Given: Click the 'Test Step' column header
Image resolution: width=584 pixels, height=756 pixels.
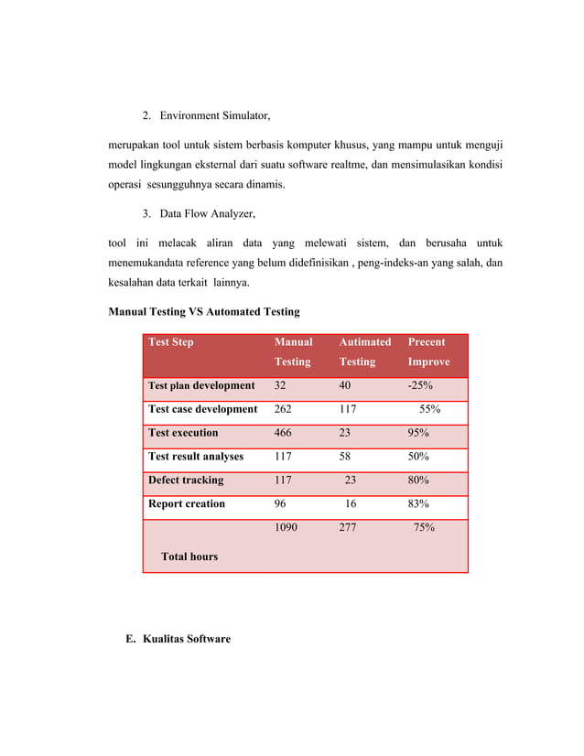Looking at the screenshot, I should pyautogui.click(x=171, y=342).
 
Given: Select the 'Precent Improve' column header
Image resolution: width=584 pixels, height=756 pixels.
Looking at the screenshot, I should pyautogui.click(x=427, y=351).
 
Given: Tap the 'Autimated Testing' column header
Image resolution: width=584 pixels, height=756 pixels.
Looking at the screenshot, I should pyautogui.click(x=364, y=351).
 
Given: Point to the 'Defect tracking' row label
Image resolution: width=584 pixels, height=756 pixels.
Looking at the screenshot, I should pyautogui.click(x=186, y=481).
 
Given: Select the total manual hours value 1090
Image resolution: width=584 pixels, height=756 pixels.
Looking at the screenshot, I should pyautogui.click(x=286, y=528).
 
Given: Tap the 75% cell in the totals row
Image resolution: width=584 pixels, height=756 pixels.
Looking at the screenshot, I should pyautogui.click(x=423, y=528).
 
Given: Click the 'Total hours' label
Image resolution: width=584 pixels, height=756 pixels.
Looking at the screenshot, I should pyautogui.click(x=189, y=556).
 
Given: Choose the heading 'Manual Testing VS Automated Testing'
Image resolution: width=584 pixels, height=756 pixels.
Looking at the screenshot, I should pyautogui.click(x=204, y=312).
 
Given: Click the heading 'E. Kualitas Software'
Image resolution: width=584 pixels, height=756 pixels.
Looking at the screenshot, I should pyautogui.click(x=178, y=639).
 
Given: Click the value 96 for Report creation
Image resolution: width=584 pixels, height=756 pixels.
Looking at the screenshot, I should pyautogui.click(x=281, y=504).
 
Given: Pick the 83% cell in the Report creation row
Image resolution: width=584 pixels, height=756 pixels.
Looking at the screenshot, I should pyautogui.click(x=418, y=504).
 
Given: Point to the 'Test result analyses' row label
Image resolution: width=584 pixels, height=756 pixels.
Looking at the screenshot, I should pyautogui.click(x=196, y=457).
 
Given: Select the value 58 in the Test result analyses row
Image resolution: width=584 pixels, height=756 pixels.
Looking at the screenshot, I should pyautogui.click(x=346, y=457).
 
